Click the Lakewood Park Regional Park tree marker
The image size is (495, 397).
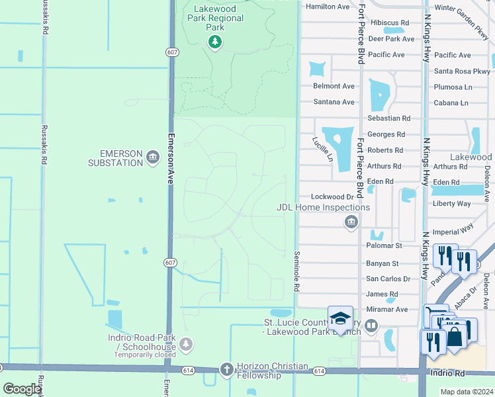coord(214,42)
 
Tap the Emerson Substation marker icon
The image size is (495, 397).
coord(153,157)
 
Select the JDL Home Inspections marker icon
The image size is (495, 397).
coord(351,222)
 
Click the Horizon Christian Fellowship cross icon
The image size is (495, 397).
coord(226,369)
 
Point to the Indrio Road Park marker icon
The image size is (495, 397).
coord(186,344)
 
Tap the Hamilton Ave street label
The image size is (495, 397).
coord(327,7)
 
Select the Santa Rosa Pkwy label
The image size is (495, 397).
coord(462,71)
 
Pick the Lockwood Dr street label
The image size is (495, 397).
coord(332,197)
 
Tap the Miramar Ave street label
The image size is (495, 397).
coord(387,309)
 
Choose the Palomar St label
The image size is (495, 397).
coord(384,245)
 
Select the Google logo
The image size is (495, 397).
coord(22,389)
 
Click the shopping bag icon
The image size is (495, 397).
coord(455,335)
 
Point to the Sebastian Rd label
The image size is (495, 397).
coord(388,118)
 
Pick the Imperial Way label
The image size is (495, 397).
coord(453,232)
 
